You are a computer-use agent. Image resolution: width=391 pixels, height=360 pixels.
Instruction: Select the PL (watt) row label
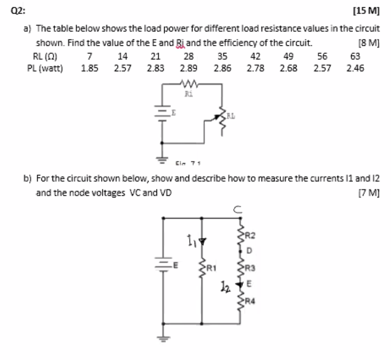[45, 68]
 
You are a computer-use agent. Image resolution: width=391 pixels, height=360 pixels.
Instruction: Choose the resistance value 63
[355, 56]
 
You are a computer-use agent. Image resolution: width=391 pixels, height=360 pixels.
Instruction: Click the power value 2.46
[355, 68]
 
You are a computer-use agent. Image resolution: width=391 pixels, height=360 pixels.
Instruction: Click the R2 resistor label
[250, 235]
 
